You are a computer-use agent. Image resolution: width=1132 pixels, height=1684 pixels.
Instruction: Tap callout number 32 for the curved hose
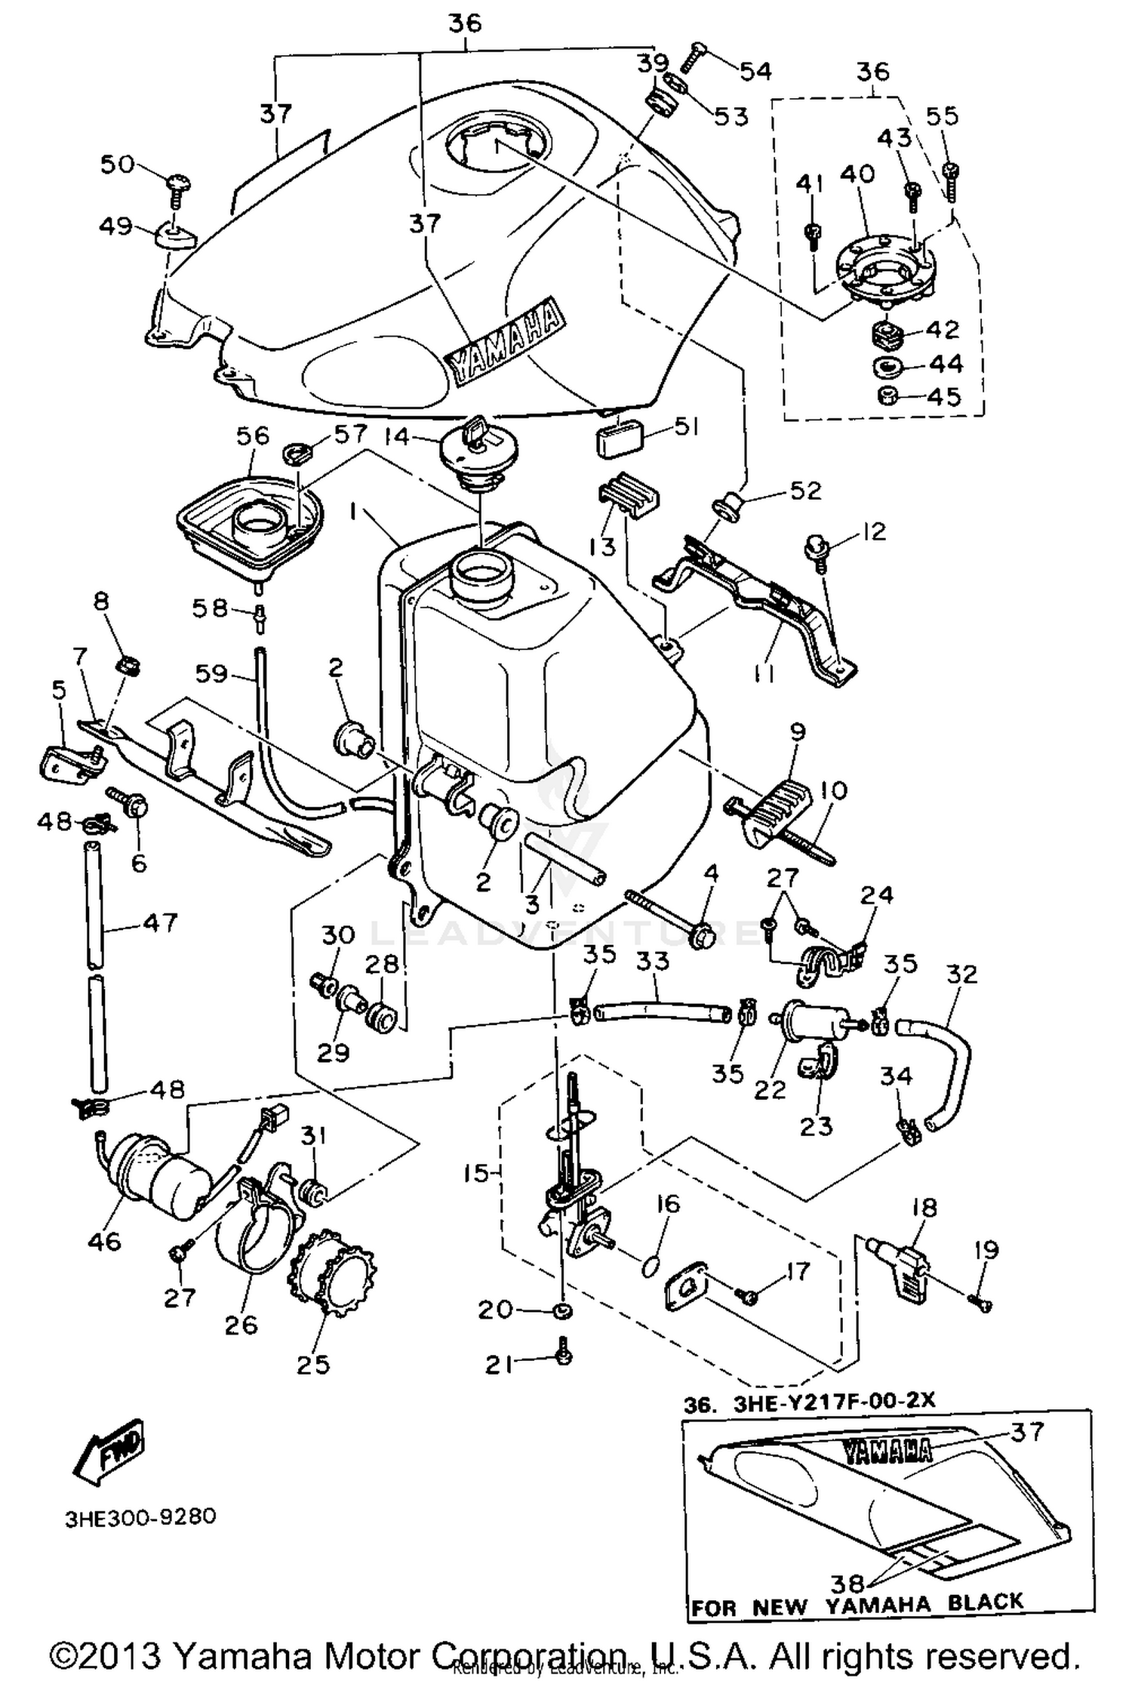(x=960, y=974)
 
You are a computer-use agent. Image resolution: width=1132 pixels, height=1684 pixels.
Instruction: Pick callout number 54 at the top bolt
(x=755, y=71)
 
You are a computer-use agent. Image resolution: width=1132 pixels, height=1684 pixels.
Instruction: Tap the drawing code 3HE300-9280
(x=140, y=1516)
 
